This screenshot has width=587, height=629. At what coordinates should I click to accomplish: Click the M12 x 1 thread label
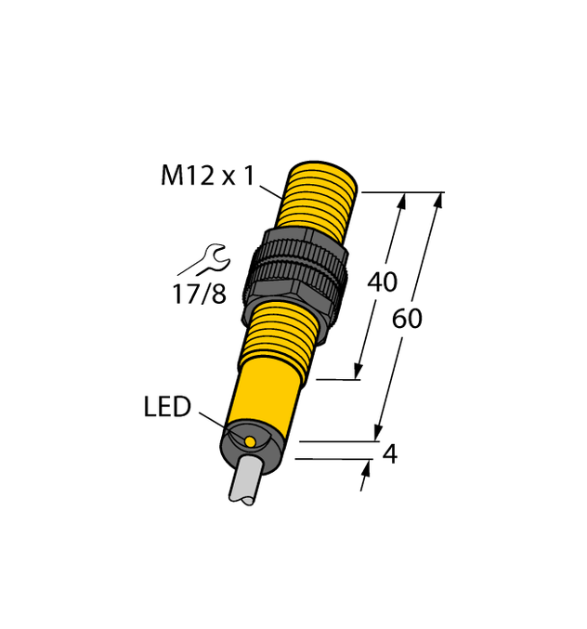coord(206,176)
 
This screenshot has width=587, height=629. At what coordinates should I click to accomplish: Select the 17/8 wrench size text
coord(199,295)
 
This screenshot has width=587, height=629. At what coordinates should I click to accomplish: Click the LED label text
coord(167,407)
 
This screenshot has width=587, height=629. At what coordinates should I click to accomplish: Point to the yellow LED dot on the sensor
coord(248,439)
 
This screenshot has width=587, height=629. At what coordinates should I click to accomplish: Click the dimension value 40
coord(383,282)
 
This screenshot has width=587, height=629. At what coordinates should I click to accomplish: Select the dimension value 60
coord(407,319)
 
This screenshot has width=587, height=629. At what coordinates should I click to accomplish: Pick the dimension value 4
coord(390,455)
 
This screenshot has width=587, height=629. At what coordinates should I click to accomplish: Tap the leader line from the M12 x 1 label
coord(270,190)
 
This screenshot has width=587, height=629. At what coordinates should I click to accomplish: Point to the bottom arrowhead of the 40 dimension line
coord(359,371)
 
